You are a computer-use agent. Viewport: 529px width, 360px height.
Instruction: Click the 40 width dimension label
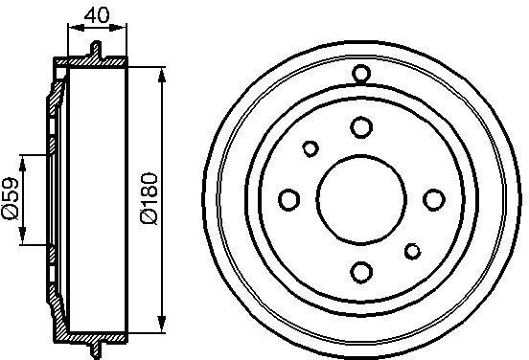pos(97,15)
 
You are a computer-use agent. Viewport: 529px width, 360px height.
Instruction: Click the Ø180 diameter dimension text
pos(149,198)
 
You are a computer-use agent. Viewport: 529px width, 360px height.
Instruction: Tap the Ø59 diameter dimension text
pos(11,198)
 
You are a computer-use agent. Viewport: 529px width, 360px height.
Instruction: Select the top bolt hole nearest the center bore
pos(361,127)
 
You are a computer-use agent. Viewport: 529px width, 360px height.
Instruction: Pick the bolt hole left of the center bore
pos(288,199)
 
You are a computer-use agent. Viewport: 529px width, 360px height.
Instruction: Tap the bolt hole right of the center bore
pos(434,199)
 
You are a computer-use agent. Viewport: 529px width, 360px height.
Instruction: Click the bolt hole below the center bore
pos(361,272)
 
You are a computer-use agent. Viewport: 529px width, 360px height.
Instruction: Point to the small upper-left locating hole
pos(310,148)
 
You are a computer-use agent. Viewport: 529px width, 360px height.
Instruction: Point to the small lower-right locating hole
pos(412,251)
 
